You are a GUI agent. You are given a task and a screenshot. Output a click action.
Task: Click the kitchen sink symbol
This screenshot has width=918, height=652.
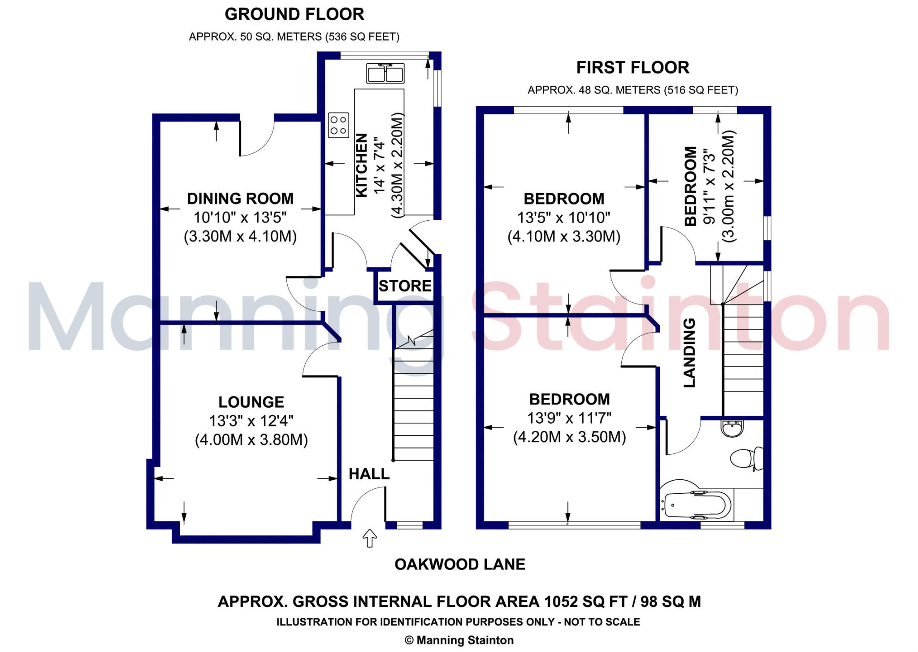pyautogui.click(x=385, y=74)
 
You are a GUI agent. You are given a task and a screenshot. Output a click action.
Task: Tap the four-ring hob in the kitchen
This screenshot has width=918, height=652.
pyautogui.click(x=338, y=125)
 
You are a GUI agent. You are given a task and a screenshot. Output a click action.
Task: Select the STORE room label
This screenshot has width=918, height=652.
pyautogui.click(x=405, y=286)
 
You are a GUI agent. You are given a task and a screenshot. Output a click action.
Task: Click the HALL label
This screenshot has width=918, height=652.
pyautogui.click(x=369, y=474)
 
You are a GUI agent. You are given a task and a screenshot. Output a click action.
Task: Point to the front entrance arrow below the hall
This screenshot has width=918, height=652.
pyautogui.click(x=369, y=538)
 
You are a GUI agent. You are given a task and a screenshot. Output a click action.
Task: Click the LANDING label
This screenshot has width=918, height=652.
pyautogui.click(x=689, y=353)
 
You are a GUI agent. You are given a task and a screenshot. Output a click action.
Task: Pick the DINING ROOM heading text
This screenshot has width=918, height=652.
pyautogui.click(x=240, y=199)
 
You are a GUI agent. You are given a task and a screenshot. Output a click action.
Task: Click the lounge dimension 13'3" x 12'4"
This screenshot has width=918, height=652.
pyautogui.click(x=251, y=421)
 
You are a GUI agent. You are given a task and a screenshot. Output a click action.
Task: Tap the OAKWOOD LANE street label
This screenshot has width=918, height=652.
pyautogui.click(x=459, y=564)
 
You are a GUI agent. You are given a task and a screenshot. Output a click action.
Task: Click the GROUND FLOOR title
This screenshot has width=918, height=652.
pyautogui.click(x=294, y=14)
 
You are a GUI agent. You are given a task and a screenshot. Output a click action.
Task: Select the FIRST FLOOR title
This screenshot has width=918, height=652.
pyautogui.click(x=632, y=68)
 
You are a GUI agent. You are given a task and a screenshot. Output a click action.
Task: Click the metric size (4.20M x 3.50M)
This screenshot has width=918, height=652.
pyautogui.click(x=569, y=437)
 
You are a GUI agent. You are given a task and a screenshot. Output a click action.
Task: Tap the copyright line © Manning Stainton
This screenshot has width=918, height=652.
pyautogui.click(x=459, y=640)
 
